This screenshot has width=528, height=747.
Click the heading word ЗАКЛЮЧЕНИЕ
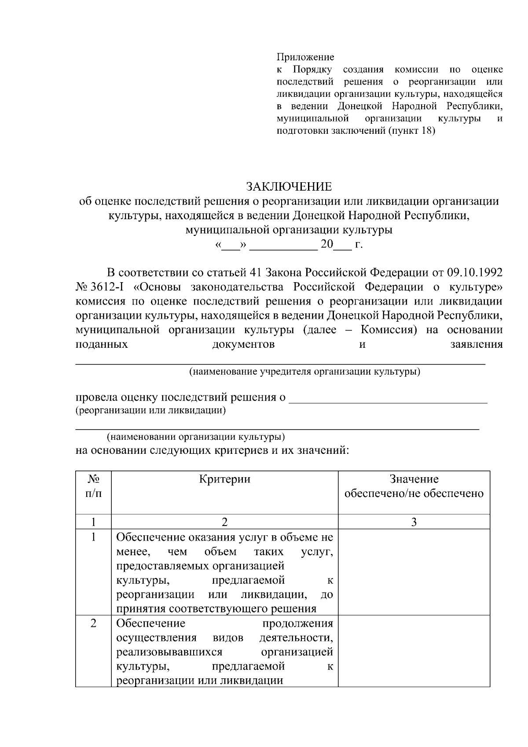point(289,187)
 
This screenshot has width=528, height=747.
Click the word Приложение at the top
point(305,57)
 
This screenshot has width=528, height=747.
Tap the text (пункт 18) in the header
point(411,131)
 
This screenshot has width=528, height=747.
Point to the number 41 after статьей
point(256,272)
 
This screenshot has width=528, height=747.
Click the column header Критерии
point(224,479)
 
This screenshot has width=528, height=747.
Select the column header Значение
point(414,479)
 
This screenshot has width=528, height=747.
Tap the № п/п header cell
point(93,486)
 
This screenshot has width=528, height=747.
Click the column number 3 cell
point(414,522)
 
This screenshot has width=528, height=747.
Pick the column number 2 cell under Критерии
point(224,522)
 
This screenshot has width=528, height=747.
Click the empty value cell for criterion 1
point(414,572)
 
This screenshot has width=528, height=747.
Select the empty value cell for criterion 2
point(414,651)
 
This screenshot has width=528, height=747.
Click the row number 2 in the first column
point(93,624)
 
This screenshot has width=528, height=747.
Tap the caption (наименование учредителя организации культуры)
point(304,372)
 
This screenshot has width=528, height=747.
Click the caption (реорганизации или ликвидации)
point(151,411)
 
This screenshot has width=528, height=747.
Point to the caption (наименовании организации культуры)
point(196,437)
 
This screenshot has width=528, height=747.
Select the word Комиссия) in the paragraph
point(389,330)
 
